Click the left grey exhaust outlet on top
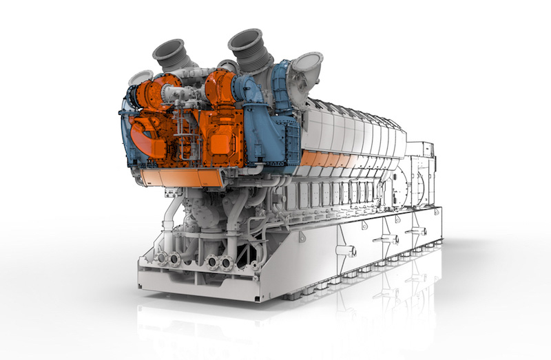click(169, 54)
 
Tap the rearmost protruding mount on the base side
click(415, 232)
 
